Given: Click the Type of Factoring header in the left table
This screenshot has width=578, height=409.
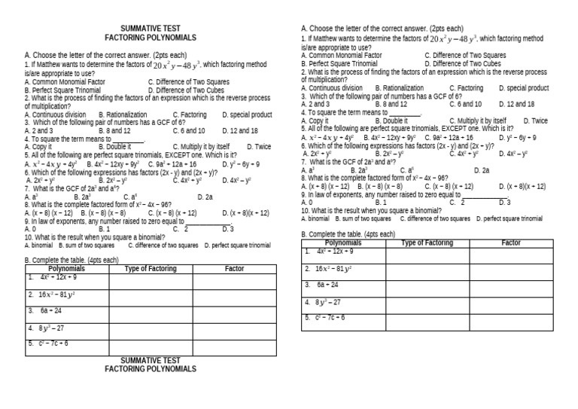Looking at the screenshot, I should (x=151, y=268).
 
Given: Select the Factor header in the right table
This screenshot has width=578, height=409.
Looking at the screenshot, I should (x=511, y=243).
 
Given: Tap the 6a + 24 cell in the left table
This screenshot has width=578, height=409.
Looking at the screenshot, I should (x=52, y=310).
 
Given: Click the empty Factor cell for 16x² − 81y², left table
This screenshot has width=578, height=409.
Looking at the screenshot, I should (x=234, y=295).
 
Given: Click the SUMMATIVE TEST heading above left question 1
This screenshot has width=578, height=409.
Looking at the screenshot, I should (x=150, y=27).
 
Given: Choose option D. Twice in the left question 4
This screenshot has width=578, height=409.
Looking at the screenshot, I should (x=257, y=147).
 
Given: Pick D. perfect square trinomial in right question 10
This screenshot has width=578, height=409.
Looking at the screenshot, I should (x=509, y=218).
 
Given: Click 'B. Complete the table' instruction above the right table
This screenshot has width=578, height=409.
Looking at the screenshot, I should (x=348, y=234).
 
